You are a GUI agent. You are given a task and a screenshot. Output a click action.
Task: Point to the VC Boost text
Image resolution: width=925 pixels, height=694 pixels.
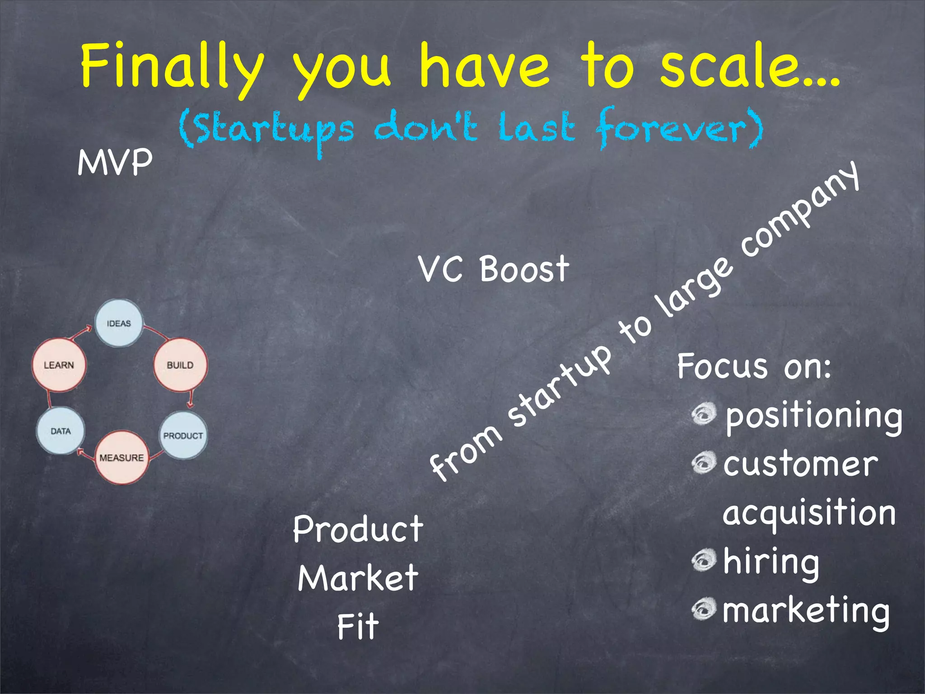click(493, 269)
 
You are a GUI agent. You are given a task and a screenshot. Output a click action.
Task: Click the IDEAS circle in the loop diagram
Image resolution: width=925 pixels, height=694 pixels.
click(119, 323)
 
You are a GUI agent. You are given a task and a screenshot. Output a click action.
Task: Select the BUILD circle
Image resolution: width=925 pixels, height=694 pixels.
click(180, 365)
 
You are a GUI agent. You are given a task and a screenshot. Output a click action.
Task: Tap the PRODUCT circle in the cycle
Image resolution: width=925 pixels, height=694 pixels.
click(183, 435)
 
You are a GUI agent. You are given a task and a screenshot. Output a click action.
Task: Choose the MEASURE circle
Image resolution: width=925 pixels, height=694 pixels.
click(121, 457)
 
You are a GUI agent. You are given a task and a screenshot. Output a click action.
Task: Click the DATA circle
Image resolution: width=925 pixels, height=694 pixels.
click(61, 431)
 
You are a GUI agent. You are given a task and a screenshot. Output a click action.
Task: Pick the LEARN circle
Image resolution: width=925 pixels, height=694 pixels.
click(59, 365)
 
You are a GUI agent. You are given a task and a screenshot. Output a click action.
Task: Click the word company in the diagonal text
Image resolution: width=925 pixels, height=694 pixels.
click(799, 212)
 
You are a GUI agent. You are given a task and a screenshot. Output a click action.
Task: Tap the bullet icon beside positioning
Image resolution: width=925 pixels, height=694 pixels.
click(704, 413)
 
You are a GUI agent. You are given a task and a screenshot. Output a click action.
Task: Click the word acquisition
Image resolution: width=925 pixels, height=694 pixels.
click(808, 513)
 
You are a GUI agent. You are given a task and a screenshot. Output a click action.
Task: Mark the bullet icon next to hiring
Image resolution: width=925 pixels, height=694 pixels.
click(704, 560)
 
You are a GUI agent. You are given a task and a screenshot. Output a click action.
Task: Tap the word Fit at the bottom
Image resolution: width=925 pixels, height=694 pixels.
click(358, 626)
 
